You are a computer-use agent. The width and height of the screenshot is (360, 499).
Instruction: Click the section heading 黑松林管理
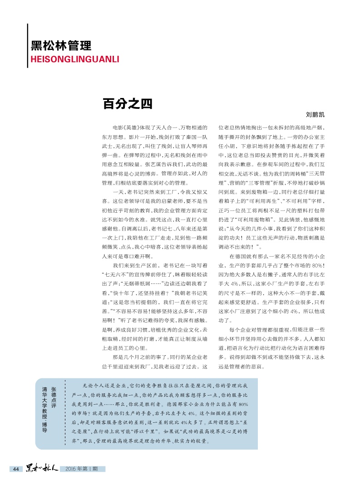(61, 45)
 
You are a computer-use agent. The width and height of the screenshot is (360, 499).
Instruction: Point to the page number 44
(15, 469)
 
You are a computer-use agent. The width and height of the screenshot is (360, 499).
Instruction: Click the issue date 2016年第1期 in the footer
(82, 469)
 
